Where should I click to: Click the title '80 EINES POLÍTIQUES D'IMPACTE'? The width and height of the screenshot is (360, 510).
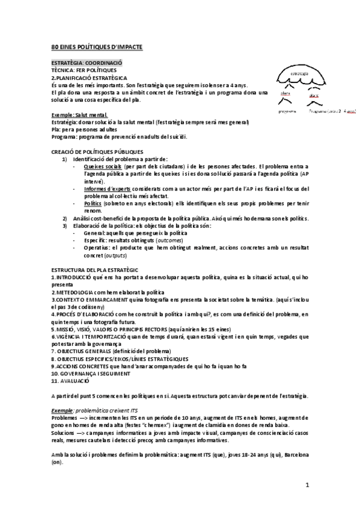tap(97, 47)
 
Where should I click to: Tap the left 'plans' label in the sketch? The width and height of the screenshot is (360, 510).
tap(286, 94)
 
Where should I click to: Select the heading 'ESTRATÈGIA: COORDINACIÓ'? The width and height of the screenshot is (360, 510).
tap(87, 63)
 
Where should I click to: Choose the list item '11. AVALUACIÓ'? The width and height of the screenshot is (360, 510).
tap(70, 381)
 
